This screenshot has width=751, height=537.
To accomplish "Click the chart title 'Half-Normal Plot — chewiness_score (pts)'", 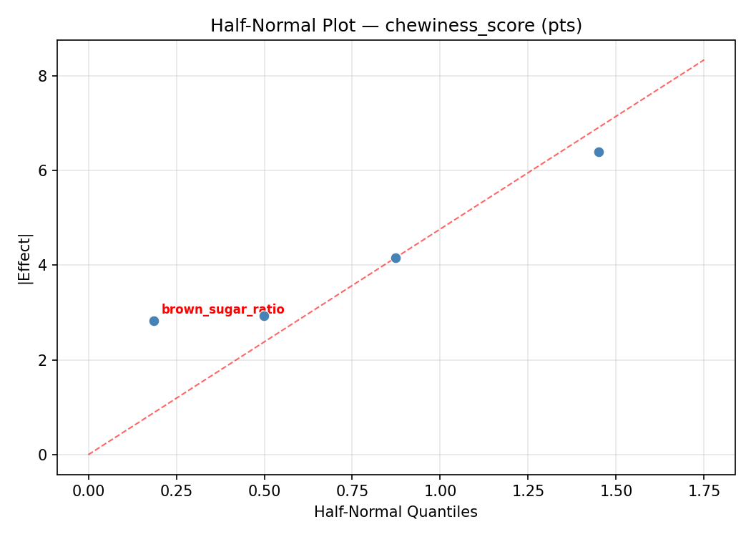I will click(396, 26).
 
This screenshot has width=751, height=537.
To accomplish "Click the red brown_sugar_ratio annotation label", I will click(222, 310).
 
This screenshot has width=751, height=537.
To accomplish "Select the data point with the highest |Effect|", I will click(599, 152).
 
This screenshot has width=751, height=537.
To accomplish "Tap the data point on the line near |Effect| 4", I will click(396, 258).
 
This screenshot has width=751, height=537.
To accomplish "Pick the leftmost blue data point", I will click(154, 321).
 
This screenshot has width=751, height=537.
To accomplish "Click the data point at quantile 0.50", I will click(264, 316).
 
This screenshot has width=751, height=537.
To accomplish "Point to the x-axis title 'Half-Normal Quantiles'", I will click(396, 512).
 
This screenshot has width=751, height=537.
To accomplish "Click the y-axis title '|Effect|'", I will click(25, 258).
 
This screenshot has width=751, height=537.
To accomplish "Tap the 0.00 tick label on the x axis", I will click(89, 491).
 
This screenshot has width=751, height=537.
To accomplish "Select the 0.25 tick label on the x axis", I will click(177, 491).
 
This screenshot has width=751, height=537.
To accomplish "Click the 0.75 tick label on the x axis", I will click(352, 491).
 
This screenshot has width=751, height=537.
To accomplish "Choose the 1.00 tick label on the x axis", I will click(440, 491).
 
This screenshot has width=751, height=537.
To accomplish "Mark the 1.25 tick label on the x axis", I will click(528, 491).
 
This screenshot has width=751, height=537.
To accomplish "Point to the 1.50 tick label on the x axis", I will click(616, 491).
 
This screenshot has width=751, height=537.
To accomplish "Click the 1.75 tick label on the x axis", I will click(704, 491).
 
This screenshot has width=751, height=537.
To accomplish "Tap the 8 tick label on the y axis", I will click(44, 76).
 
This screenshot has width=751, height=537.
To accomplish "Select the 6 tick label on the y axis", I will click(44, 170).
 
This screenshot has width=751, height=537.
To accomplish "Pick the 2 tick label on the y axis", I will click(44, 360).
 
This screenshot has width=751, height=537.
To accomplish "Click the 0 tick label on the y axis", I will click(44, 455).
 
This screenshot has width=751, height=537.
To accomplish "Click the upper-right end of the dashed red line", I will click(704, 59).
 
